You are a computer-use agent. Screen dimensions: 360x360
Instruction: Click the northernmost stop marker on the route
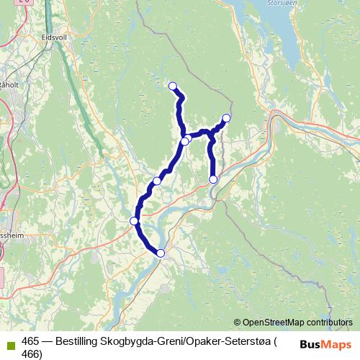tap(173, 86)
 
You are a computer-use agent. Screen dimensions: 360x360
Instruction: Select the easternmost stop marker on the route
tap(226, 118)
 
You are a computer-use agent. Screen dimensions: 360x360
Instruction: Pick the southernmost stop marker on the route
tap(161, 253)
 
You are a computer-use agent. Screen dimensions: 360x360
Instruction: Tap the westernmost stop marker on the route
tap(134, 220)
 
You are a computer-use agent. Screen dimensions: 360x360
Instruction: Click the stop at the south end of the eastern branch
tap(213, 179)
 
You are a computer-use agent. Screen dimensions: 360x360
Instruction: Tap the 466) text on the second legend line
tap(32, 354)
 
